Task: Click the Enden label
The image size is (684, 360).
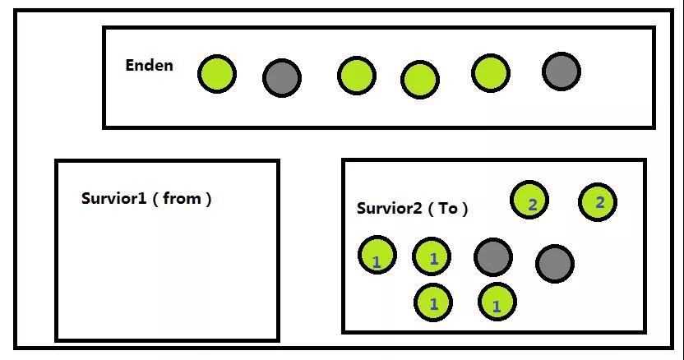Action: click(x=149, y=66)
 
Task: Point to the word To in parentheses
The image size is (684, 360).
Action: click(x=448, y=208)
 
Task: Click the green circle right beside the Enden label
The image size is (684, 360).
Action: click(x=217, y=73)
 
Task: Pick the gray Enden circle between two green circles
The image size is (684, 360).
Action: click(x=282, y=78)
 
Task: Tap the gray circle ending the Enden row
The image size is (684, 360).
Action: click(x=562, y=72)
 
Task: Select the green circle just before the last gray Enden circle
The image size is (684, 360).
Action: click(x=490, y=72)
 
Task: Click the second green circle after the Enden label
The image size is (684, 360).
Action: click(x=356, y=75)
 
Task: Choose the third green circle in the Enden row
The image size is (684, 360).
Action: click(x=419, y=80)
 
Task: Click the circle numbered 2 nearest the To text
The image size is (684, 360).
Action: click(x=530, y=200)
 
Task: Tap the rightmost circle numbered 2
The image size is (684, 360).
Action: click(x=598, y=202)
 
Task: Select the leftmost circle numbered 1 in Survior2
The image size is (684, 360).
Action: click(x=377, y=256)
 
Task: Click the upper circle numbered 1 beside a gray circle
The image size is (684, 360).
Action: click(x=432, y=257)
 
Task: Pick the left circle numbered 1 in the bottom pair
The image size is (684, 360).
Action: click(x=434, y=302)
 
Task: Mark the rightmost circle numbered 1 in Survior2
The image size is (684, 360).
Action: click(x=497, y=303)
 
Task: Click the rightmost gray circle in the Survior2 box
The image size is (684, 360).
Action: click(x=555, y=263)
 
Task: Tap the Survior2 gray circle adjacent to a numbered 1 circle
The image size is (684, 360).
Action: click(x=492, y=256)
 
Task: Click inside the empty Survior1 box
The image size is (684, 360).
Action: click(x=167, y=271)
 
